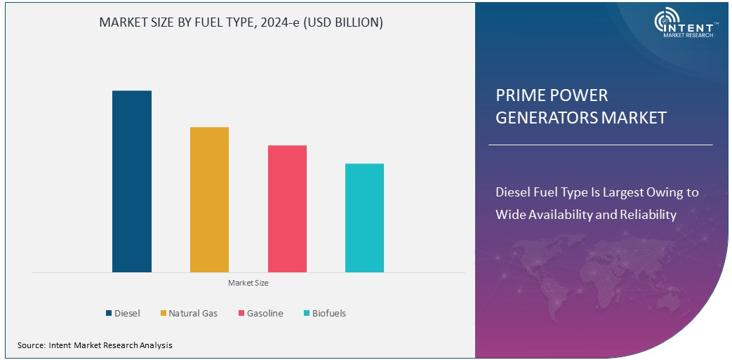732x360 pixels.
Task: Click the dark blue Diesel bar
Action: click(132, 181)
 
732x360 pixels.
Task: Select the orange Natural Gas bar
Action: click(209, 199)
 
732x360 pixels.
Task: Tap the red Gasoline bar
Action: click(287, 208)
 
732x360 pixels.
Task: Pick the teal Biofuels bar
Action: click(364, 218)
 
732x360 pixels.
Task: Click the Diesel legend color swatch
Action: click(109, 313)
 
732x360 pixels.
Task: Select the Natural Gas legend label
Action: click(193, 313)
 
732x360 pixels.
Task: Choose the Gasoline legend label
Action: click(265, 313)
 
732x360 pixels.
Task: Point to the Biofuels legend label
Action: click(328, 313)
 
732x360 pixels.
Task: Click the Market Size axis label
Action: click(248, 283)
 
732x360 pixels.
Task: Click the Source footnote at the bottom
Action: click(95, 345)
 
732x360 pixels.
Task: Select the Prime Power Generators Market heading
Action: click(580, 106)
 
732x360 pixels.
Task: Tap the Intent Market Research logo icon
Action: click(667, 22)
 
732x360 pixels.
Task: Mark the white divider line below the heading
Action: click(600, 145)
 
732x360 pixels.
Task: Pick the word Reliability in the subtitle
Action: click(648, 214)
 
